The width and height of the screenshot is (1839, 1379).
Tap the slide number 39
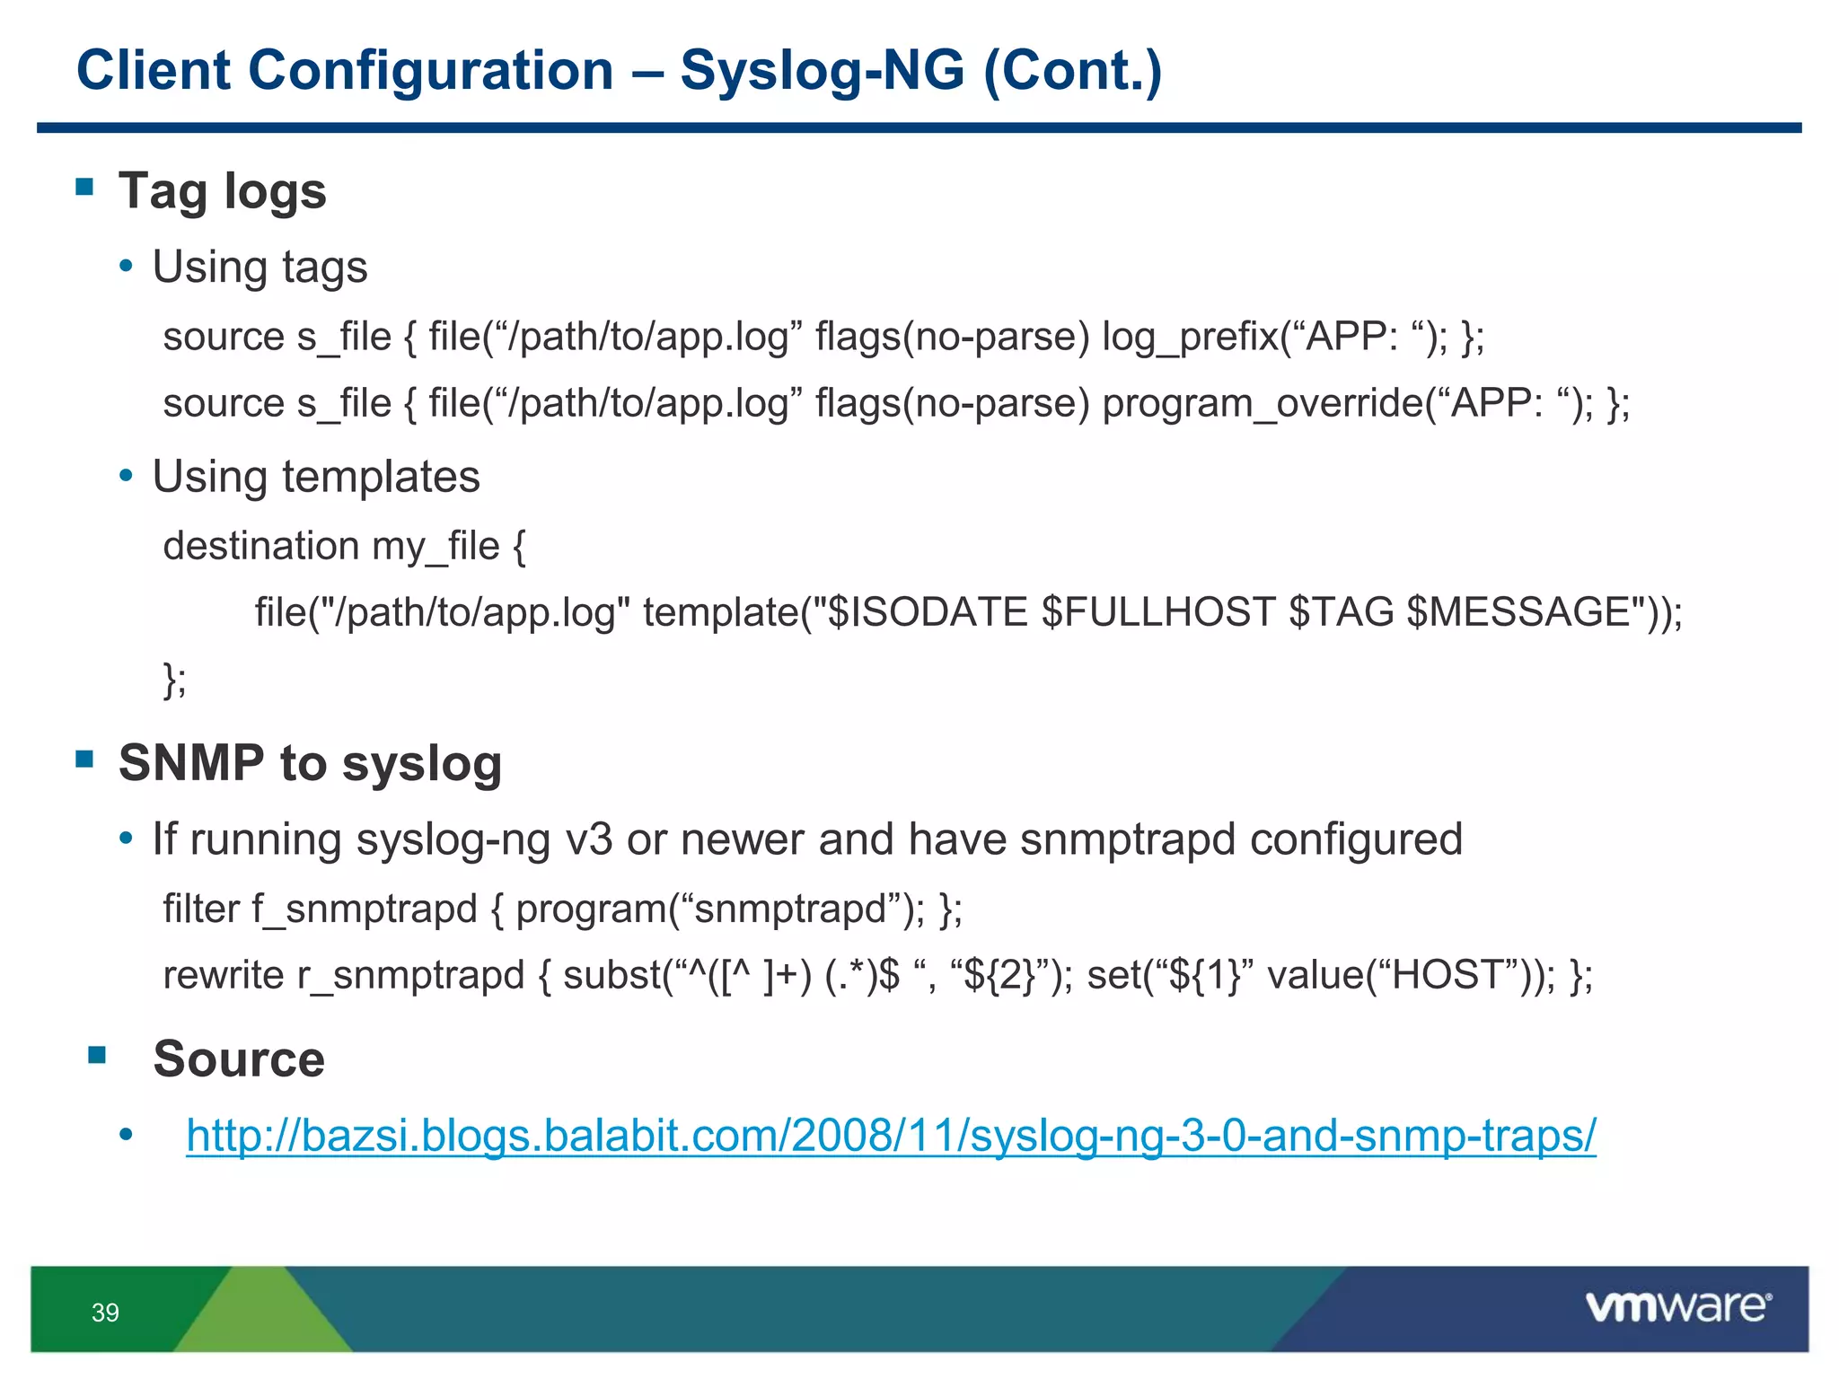pyautogui.click(x=105, y=1313)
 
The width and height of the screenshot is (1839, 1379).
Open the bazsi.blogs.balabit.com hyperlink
pyautogui.click(x=891, y=1135)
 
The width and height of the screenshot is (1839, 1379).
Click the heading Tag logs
pyautogui.click(x=222, y=191)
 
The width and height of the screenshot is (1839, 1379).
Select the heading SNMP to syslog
pyautogui.click(x=310, y=763)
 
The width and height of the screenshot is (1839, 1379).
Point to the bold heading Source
pyautogui.click(x=239, y=1058)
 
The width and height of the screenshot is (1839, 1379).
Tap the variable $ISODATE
pyautogui.click(x=927, y=612)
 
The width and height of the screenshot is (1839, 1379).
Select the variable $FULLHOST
pyautogui.click(x=1158, y=612)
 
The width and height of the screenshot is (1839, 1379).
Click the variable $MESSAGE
pyautogui.click(x=1518, y=612)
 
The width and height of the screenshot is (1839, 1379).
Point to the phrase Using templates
pyautogui.click(x=316, y=477)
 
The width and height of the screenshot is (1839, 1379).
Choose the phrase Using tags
pyautogui.click(x=260, y=268)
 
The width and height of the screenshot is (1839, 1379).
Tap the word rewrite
pyautogui.click(x=223, y=975)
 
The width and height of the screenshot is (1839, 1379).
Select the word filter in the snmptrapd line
pyautogui.click(x=200, y=909)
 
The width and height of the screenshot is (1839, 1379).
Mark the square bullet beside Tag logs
pyautogui.click(x=85, y=187)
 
